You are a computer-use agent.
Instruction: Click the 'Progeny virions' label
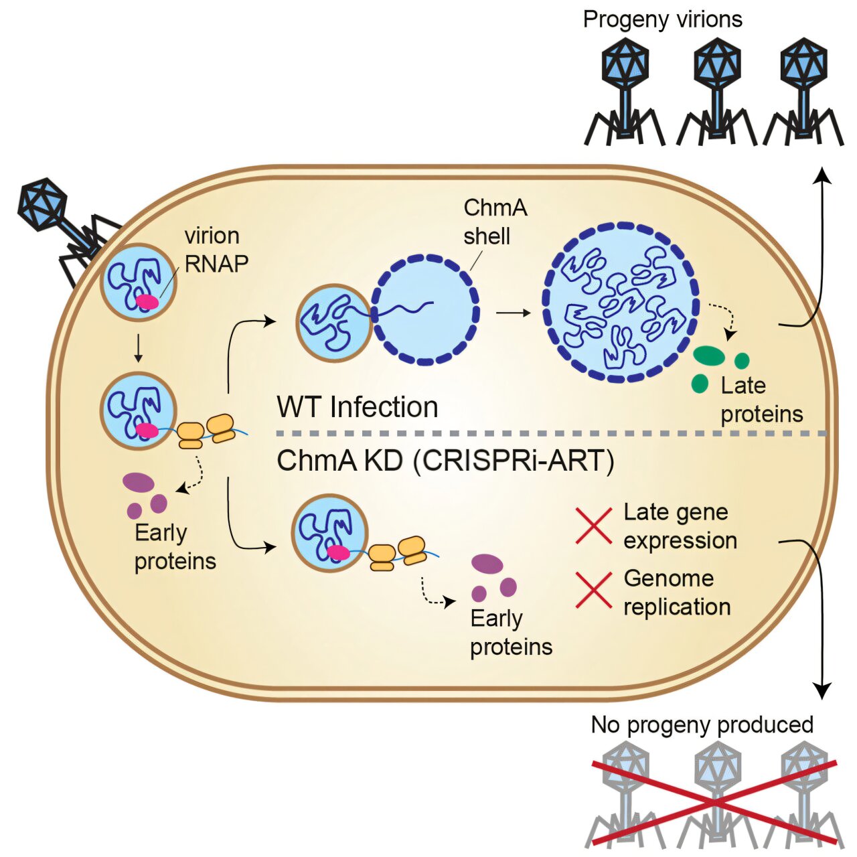click(x=662, y=19)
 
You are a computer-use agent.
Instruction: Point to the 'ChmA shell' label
click(x=495, y=222)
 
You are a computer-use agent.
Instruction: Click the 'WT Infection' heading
click(x=358, y=407)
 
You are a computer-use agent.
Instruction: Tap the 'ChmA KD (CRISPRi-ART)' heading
click(x=445, y=461)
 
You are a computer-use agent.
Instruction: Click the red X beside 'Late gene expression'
click(x=594, y=526)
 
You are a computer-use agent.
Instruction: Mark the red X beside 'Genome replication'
click(x=594, y=591)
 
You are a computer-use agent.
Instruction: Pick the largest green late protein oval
click(x=708, y=356)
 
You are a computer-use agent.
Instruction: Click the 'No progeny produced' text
click(x=702, y=724)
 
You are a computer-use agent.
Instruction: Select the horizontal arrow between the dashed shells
click(x=513, y=313)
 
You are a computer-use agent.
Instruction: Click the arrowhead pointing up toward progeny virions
click(x=822, y=175)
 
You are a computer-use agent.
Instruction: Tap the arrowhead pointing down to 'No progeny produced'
click(x=822, y=691)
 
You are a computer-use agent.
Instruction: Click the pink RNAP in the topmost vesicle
click(x=147, y=302)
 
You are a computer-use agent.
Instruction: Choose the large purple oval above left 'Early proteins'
click(x=139, y=482)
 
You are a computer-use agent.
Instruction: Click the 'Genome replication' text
click(x=676, y=593)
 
